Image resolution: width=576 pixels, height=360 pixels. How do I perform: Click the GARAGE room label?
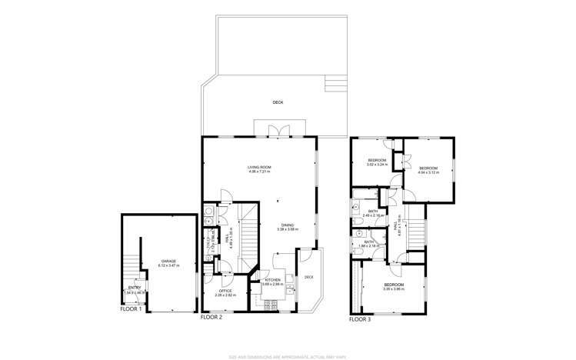(x=168, y=261)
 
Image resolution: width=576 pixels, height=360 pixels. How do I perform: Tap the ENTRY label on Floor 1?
(x=134, y=288)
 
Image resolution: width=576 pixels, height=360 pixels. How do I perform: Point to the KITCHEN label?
(x=272, y=279)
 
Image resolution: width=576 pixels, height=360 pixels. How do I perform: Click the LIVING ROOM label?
(x=259, y=167)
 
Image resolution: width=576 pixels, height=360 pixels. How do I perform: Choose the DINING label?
(x=288, y=225)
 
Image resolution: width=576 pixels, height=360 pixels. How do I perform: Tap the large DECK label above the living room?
(x=278, y=102)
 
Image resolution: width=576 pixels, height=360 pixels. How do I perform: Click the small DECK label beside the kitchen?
(x=308, y=277)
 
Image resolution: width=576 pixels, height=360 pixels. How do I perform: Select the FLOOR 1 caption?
(x=131, y=308)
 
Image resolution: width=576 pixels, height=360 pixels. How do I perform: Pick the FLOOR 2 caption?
(x=211, y=316)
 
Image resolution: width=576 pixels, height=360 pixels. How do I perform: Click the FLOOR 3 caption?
(x=359, y=318)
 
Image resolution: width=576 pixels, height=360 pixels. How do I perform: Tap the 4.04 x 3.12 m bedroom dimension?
(x=428, y=172)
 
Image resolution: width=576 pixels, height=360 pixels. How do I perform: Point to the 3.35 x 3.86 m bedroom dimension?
(x=394, y=290)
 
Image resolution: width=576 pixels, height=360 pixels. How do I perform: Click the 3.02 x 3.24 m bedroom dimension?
(x=376, y=165)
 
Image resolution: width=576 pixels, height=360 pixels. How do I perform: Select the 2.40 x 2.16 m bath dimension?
(x=372, y=215)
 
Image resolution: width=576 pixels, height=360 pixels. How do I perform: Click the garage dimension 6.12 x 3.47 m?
(x=168, y=265)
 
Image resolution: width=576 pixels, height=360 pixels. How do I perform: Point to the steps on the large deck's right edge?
(x=334, y=82)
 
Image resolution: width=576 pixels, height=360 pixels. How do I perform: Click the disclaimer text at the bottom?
(x=288, y=355)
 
